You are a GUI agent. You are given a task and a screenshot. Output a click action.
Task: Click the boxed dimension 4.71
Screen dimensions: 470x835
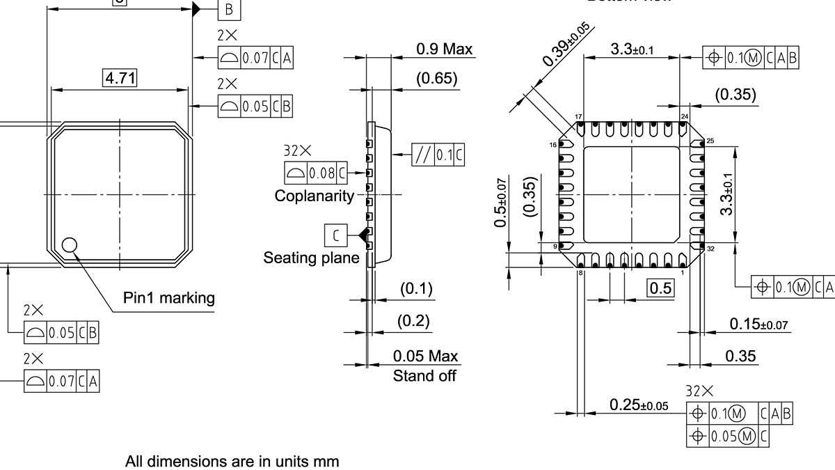tap(119, 79)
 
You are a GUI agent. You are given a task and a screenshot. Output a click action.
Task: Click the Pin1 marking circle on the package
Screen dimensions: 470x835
tap(69, 245)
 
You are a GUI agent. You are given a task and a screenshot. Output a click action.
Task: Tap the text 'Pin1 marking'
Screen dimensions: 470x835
tap(169, 298)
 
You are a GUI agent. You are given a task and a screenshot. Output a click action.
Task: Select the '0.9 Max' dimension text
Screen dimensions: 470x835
tap(444, 49)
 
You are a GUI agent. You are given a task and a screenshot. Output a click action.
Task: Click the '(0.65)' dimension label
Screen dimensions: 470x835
tap(437, 78)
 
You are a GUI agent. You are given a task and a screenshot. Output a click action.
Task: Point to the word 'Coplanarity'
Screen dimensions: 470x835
tap(315, 196)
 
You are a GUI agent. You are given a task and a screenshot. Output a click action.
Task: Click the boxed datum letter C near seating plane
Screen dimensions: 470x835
tap(335, 235)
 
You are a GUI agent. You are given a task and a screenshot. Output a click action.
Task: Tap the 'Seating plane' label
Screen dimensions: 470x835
tap(311, 258)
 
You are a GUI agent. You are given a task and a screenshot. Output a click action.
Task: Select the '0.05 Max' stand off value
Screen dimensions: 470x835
tap(426, 357)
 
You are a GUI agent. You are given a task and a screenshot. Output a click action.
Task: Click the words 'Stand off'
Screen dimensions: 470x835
tap(424, 376)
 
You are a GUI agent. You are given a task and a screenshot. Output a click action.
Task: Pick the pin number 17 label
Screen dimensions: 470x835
tap(578, 116)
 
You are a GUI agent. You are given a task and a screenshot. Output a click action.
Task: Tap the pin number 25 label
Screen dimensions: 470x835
tap(710, 141)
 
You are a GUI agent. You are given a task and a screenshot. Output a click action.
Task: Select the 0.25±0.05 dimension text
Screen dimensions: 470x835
tap(638, 405)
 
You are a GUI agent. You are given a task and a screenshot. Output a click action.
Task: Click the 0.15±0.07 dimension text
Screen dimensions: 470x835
tap(758, 324)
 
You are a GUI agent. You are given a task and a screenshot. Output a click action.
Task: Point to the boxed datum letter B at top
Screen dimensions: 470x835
tap(230, 9)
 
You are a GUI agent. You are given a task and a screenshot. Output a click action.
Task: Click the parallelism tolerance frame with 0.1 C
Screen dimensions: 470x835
tap(438, 154)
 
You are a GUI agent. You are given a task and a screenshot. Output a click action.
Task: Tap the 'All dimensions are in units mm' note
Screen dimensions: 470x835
tap(232, 461)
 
